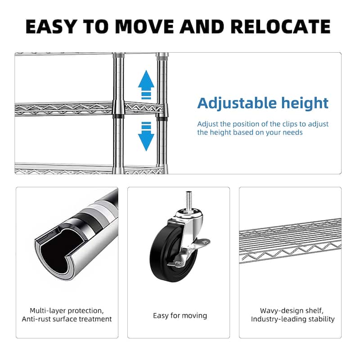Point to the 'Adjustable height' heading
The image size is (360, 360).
click(x=263, y=103)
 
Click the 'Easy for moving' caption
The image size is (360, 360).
click(x=180, y=315)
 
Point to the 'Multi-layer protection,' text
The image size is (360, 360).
click(x=67, y=310)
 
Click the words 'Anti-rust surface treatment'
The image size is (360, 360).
click(x=67, y=319)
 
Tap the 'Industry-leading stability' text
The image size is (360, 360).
click(x=292, y=319)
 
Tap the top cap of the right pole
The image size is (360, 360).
click(x=162, y=56)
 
